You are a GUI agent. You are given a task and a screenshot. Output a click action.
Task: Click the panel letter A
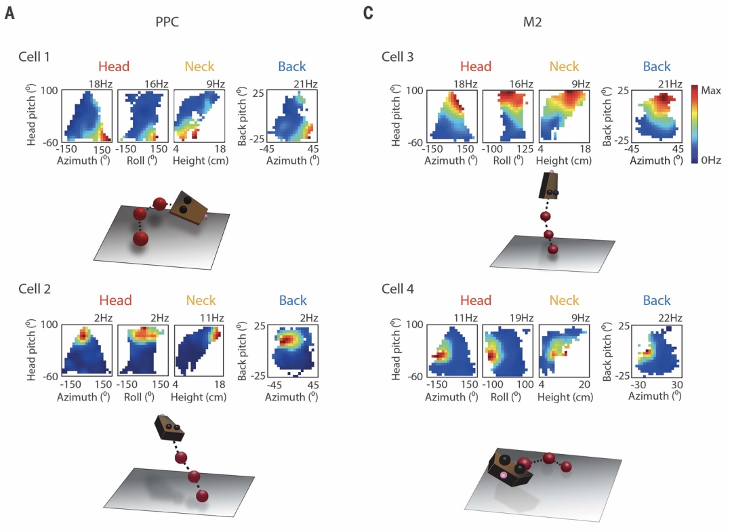click(9, 13)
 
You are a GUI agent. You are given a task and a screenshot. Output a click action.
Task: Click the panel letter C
click(369, 13)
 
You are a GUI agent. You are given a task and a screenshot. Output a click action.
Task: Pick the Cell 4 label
click(398, 289)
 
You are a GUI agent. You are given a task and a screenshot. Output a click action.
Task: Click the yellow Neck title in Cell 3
click(565, 66)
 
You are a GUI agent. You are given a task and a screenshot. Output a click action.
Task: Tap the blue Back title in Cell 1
click(291, 66)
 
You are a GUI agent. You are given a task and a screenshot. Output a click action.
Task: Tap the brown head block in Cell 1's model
click(186, 207)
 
